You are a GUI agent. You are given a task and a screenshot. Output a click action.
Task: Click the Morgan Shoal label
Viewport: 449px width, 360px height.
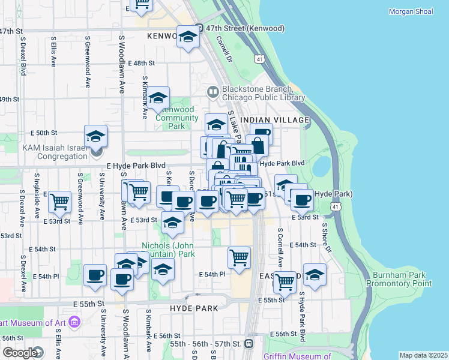[x=411, y=11]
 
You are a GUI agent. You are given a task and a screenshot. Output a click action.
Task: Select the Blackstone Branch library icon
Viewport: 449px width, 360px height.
[x=212, y=92]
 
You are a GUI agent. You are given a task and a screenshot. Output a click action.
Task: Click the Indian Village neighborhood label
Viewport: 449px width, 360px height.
[x=274, y=120]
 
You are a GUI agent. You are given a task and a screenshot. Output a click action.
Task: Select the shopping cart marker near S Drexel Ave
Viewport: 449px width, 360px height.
[x=60, y=202]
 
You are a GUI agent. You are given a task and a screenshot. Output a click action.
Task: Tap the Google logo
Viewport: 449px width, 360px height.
[x=19, y=353]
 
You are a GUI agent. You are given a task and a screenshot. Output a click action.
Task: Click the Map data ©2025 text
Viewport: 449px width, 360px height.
[x=423, y=355]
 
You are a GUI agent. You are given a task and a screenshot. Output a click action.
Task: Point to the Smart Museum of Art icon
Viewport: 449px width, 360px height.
[x=74, y=323]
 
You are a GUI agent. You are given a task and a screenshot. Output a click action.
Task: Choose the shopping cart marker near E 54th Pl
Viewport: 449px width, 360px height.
[x=239, y=257]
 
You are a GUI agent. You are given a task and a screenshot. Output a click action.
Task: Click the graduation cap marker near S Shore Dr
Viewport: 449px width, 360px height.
[x=315, y=274]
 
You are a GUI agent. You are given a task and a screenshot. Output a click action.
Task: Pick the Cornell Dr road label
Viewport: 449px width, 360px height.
[x=224, y=49]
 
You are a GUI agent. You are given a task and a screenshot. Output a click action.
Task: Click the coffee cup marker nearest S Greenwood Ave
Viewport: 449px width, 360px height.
[x=95, y=274]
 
